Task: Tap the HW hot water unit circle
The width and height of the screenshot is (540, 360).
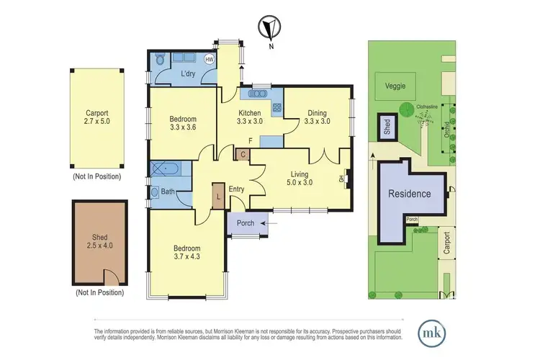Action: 210,59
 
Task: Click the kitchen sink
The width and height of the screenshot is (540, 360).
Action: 257,94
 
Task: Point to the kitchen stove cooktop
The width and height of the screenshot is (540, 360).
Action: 277,109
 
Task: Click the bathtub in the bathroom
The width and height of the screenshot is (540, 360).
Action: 168,170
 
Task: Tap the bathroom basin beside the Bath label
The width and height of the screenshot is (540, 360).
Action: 155,192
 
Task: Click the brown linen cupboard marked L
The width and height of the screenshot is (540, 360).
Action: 218,195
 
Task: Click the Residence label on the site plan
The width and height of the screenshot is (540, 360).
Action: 409,194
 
